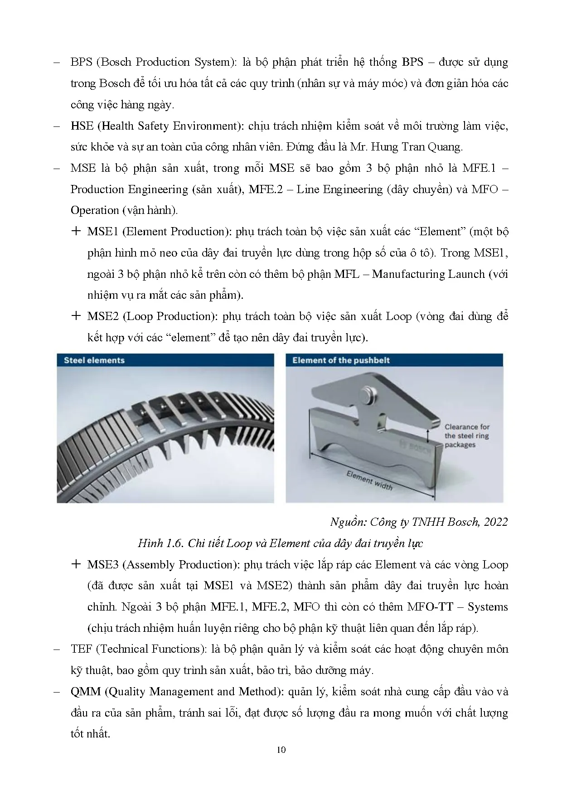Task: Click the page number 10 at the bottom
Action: coord(281,750)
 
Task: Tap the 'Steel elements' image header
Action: coord(94,360)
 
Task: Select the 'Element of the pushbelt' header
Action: coord(341,360)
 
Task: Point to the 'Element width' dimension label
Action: coord(369,480)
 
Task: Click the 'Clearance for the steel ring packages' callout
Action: coord(467,436)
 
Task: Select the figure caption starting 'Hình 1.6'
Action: coord(281,543)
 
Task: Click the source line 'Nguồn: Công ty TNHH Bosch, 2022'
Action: coord(419,522)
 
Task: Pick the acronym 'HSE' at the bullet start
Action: coord(82,126)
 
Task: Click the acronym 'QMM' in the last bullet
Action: coord(85,692)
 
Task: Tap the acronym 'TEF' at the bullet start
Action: coord(81,649)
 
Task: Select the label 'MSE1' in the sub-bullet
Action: coord(102,232)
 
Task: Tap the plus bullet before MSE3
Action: coord(76,564)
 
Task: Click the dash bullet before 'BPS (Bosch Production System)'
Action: coord(57,63)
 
